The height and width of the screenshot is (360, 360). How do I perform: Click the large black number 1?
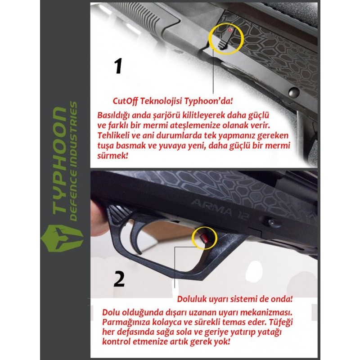pyautogui.click(x=118, y=66)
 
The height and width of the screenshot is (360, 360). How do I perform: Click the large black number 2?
pyautogui.click(x=119, y=279)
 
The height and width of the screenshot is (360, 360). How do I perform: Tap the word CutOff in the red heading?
pyautogui.click(x=125, y=101)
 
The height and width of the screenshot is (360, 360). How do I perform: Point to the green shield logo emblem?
pyautogui.click(x=62, y=238)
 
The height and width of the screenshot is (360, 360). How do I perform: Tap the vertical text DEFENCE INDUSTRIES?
pyautogui.click(x=73, y=161)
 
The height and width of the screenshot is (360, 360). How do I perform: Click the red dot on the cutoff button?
pyautogui.click(x=230, y=30)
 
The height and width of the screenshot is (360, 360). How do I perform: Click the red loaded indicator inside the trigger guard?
pyautogui.click(x=204, y=238)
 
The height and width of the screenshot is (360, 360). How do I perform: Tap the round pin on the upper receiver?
pyautogui.click(x=294, y=92)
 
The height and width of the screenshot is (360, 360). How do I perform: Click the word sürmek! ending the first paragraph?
pyautogui.click(x=112, y=156)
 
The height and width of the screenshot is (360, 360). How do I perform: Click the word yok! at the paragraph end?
pyautogui.click(x=222, y=342)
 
